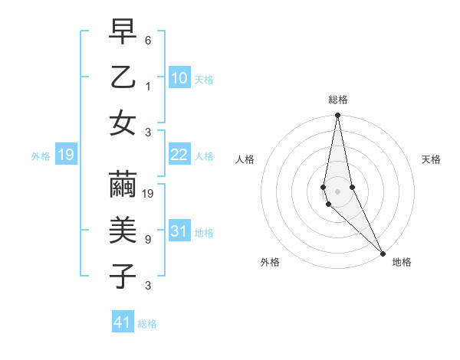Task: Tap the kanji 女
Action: click(x=123, y=123)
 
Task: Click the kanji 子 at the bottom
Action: click(x=123, y=276)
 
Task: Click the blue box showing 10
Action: click(x=179, y=77)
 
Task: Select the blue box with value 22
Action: click(x=179, y=155)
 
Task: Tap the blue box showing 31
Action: click(x=179, y=231)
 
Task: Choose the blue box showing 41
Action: click(x=123, y=322)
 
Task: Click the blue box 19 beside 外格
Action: click(x=65, y=155)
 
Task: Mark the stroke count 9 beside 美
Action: click(x=149, y=240)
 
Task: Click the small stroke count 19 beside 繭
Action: click(x=149, y=194)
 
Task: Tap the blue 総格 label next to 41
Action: click(x=147, y=324)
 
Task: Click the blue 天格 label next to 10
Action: click(x=204, y=79)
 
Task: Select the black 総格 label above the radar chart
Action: click(x=338, y=100)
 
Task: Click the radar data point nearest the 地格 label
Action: click(x=383, y=252)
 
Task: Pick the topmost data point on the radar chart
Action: click(x=338, y=116)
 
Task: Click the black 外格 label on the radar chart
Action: click(x=270, y=262)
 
